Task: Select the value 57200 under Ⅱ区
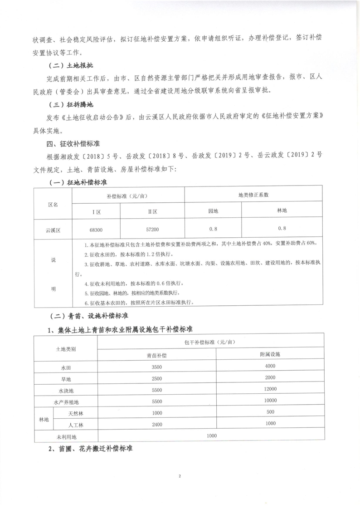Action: (152, 230)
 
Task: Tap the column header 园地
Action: (213, 211)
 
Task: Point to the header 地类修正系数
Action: (253, 195)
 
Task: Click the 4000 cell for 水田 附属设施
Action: (270, 366)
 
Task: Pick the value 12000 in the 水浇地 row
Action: (270, 389)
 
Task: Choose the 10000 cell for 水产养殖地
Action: (270, 401)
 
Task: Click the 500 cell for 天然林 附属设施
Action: (270, 412)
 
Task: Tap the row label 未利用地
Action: (66, 436)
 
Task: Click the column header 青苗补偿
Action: (156, 355)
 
